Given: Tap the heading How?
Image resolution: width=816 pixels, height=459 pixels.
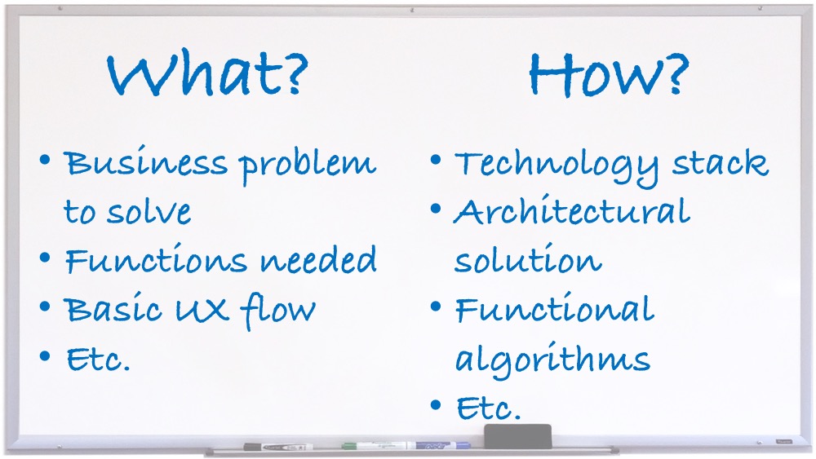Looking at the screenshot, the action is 609,74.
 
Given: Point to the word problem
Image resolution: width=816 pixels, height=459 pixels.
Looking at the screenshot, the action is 307,166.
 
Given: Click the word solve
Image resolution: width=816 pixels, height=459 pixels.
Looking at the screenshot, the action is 149,212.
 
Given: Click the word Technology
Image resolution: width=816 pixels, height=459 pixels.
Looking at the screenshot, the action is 557,166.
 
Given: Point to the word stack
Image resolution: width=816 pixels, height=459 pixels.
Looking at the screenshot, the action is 721,162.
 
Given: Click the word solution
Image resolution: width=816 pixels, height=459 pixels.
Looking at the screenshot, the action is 528,258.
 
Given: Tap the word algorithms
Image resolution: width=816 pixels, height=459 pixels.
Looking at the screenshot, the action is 552,360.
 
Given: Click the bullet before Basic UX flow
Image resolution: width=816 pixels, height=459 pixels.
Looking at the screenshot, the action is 45,307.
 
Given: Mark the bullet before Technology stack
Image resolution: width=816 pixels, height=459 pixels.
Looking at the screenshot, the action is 436,160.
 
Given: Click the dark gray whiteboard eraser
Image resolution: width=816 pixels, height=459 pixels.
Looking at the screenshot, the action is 517,436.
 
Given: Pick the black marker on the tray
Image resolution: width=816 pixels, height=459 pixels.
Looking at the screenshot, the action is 278,447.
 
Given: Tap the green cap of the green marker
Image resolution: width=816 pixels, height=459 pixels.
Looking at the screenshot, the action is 350,445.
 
